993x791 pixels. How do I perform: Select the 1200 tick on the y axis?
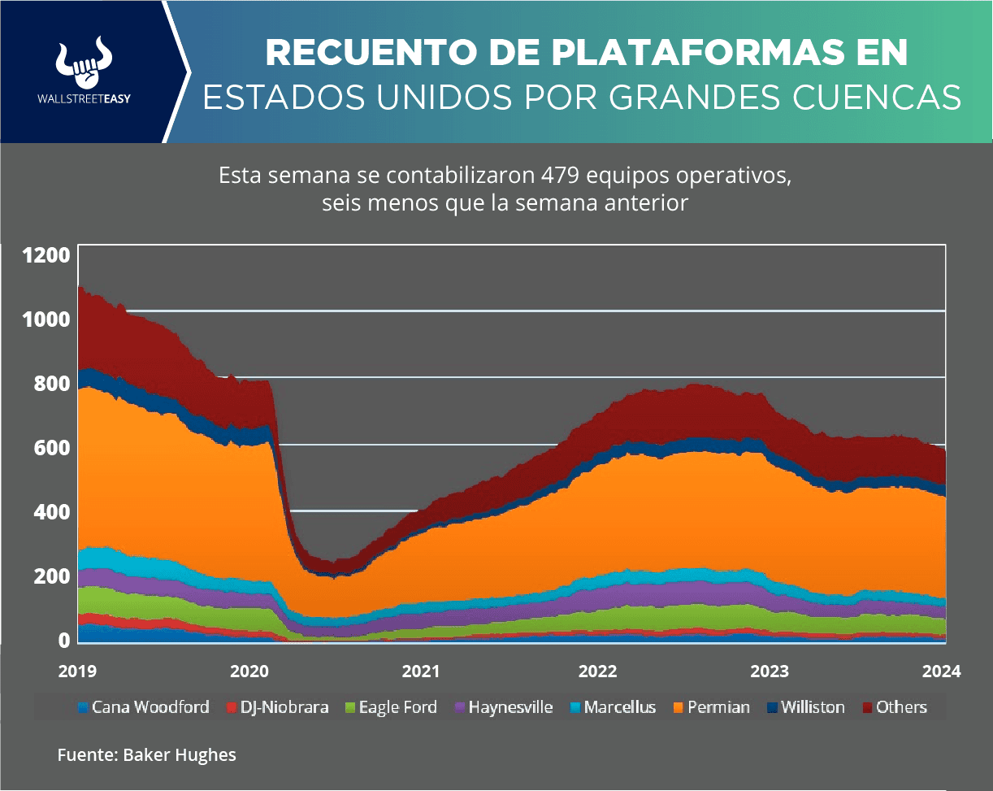(46, 255)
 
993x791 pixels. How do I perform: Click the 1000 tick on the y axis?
(46, 319)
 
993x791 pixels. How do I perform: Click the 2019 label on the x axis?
(78, 671)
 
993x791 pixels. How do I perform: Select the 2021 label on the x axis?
(422, 671)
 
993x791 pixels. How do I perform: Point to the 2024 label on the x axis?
(942, 671)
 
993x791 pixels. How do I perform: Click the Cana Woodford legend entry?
(143, 707)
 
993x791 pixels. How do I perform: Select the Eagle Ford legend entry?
(392, 707)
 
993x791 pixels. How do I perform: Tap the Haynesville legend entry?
(503, 707)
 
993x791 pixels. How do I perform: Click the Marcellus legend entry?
(611, 707)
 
